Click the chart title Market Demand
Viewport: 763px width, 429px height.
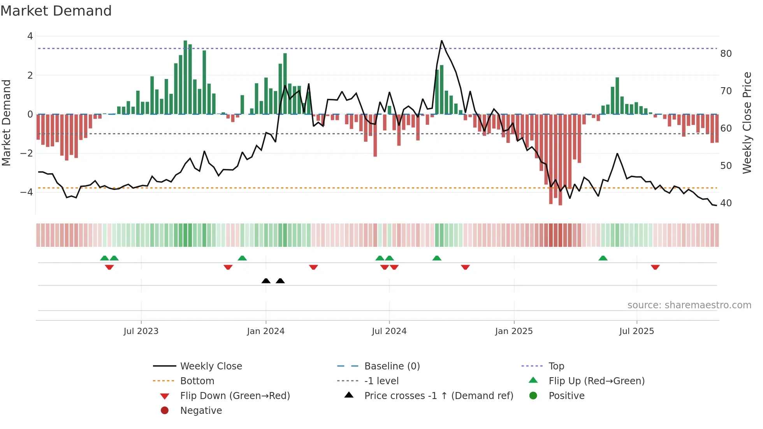(x=56, y=11)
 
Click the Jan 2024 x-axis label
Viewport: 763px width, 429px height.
(x=265, y=331)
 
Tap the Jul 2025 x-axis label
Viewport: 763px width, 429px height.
(x=636, y=331)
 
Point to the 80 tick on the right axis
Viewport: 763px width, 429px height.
(x=726, y=54)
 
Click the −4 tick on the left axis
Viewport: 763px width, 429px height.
(x=26, y=192)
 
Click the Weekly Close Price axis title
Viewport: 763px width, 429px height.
(x=747, y=123)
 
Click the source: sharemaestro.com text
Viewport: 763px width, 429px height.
(x=689, y=305)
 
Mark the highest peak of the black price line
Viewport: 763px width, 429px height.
(x=441, y=40)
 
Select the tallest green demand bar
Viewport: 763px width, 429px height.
(x=185, y=78)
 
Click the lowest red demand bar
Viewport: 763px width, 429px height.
(x=560, y=160)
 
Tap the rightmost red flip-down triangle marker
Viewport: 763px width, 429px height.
(x=655, y=267)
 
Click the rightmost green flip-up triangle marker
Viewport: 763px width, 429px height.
(x=603, y=258)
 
